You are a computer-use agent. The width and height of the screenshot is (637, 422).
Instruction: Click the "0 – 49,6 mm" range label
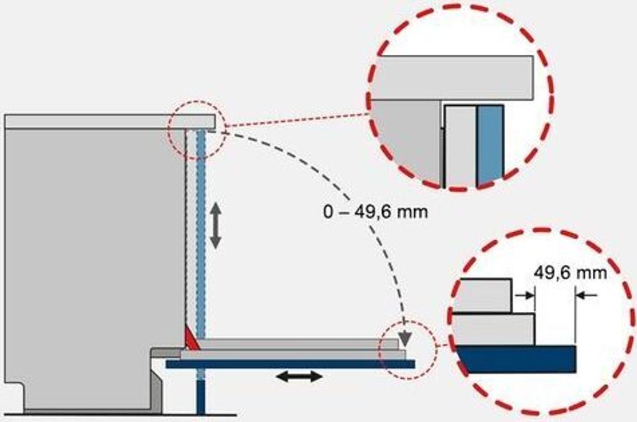click(x=375, y=212)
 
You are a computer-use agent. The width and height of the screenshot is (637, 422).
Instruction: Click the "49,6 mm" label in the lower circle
click(x=570, y=273)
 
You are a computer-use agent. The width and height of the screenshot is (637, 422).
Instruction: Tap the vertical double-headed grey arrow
click(x=215, y=226)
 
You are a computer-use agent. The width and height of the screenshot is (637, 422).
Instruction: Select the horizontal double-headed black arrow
click(x=299, y=377)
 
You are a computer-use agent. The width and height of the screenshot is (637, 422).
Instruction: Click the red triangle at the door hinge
click(x=191, y=339)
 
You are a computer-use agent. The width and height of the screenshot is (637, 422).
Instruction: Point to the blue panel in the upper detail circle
click(x=490, y=145)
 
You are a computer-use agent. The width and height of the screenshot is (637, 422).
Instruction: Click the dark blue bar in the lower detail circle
click(x=516, y=359)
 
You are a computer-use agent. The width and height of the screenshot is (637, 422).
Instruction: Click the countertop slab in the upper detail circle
click(x=452, y=78)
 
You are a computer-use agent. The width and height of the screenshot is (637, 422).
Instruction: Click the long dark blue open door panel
click(x=291, y=364)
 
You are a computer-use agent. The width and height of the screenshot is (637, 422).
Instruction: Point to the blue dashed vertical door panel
click(x=201, y=232)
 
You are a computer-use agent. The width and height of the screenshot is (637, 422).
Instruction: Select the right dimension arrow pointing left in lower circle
click(x=587, y=295)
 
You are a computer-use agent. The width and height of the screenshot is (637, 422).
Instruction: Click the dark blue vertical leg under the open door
click(x=201, y=391)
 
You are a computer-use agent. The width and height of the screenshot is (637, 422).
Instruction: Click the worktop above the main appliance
click(x=109, y=121)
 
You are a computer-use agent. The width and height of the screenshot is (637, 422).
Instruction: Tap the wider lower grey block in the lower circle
click(x=493, y=330)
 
